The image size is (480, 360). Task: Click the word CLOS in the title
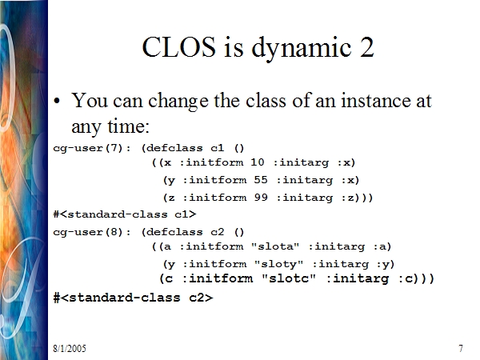[179, 47]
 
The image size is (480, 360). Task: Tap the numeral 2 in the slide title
[366, 47]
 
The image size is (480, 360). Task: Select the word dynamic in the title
[302, 49]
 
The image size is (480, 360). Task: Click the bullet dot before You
[57, 101]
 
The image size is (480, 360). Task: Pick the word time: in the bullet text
[128, 126]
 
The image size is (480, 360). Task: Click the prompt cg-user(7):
[92, 148]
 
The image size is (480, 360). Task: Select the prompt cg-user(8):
[92, 232]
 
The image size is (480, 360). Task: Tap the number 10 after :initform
[257, 162]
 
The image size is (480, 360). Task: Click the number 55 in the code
[261, 179]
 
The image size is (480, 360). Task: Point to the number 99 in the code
[261, 197]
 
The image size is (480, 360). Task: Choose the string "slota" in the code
[275, 246]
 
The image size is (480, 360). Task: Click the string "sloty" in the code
[278, 263]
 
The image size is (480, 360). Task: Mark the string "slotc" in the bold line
[289, 278]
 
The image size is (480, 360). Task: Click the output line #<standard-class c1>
[125, 214]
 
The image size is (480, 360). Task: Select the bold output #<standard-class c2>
[133, 298]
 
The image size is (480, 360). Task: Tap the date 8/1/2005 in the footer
[70, 348]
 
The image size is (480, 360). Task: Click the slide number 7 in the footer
[461, 348]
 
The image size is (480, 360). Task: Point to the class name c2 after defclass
[218, 232]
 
